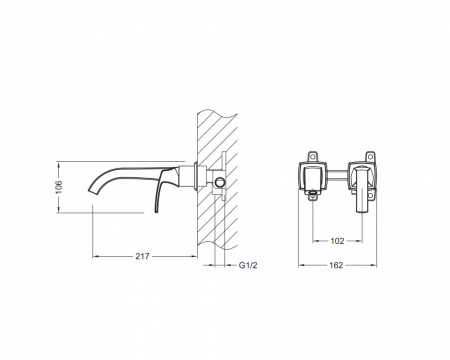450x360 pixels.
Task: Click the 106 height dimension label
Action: tap(59, 187)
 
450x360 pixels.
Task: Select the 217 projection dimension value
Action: tap(142, 256)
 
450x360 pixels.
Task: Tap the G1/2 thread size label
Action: tap(248, 265)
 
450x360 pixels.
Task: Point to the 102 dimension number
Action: tap(337, 241)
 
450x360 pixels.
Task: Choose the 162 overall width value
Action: tap(336, 265)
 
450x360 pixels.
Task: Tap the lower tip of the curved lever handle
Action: tap(156, 211)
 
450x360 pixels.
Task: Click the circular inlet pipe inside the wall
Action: tap(220, 182)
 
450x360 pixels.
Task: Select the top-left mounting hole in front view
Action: tap(313, 156)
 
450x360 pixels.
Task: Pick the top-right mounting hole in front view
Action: tap(370, 156)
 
